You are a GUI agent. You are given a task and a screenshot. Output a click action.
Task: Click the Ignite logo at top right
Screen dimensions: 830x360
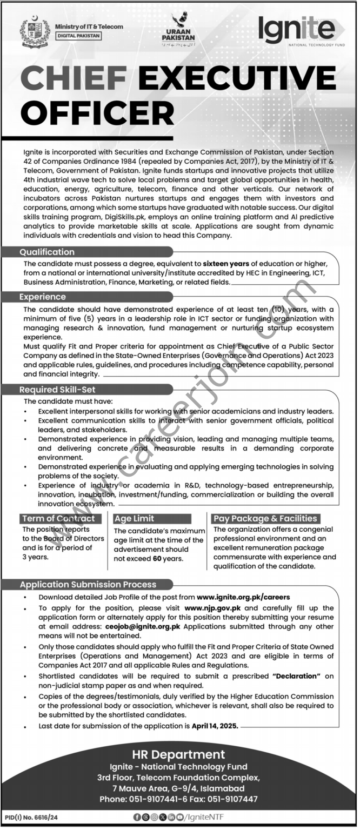point(297,30)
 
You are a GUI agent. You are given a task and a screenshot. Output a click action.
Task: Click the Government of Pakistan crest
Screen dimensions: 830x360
point(35,31)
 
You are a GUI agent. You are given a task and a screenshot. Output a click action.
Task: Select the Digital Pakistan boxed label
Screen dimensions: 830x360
point(78,37)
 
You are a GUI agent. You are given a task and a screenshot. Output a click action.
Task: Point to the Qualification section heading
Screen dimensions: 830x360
point(47,252)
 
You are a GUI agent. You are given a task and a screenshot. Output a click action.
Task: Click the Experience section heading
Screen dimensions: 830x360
point(43,297)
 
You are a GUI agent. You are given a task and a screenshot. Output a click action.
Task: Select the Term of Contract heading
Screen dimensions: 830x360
point(58,518)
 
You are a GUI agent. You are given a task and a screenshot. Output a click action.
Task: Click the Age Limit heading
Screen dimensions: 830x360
point(135,518)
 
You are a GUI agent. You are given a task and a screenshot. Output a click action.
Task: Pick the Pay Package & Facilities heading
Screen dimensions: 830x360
point(265,518)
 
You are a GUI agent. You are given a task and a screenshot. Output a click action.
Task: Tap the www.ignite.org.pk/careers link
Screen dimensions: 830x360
point(244,597)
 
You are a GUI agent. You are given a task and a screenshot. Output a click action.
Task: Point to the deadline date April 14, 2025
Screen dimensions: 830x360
point(215,727)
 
